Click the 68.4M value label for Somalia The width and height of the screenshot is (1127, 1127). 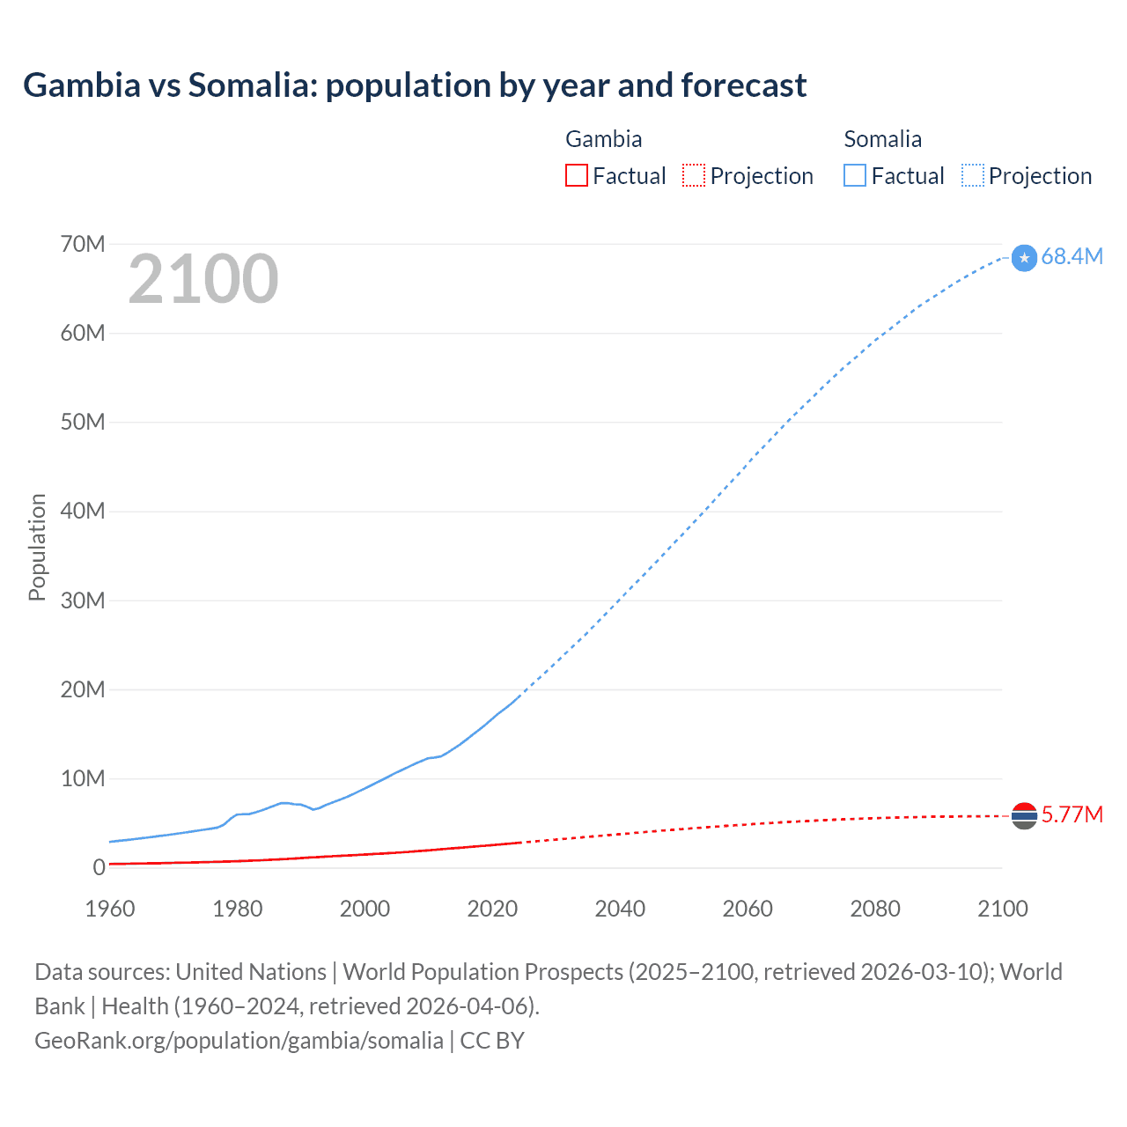pos(1072,256)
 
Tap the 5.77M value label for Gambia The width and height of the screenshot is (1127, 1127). pos(1072,814)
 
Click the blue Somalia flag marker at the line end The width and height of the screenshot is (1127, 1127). pos(1024,258)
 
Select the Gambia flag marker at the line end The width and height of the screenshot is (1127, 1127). pos(1024,816)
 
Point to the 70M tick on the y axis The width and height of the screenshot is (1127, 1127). pos(83,244)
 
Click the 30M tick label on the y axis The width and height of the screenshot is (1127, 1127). pos(83,600)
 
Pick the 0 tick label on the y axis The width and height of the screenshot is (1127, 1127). pos(99,867)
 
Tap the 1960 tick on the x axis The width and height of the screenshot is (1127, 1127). pos(110,909)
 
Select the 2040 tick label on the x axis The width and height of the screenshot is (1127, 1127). pos(620,909)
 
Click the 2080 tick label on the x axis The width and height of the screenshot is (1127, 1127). pos(875,909)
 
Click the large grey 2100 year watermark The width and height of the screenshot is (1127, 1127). pos(203,279)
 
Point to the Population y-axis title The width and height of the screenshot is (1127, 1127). pos(37,547)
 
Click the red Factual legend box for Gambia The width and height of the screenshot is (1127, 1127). pos(576,175)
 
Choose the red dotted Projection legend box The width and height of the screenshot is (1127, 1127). pos(694,175)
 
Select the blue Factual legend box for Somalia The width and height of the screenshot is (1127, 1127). pos(855,175)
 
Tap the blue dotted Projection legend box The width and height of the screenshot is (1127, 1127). pos(973,175)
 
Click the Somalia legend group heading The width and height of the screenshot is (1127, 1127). pos(882,139)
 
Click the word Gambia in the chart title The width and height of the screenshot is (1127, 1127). pos(82,85)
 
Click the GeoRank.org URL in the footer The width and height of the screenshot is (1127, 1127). pos(239,1041)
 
